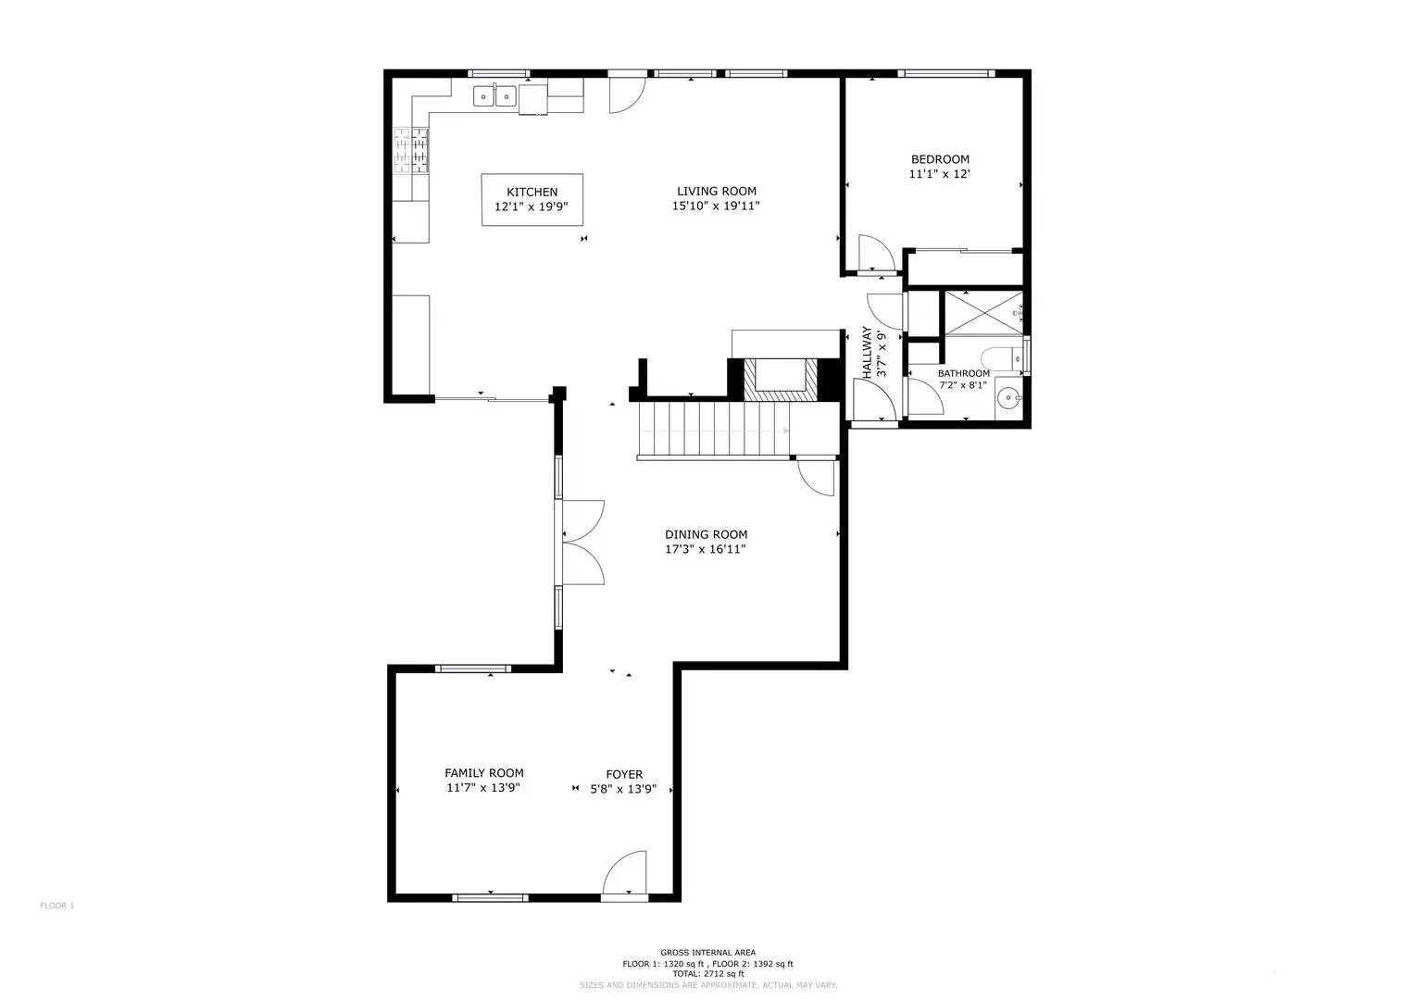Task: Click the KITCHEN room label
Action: (x=532, y=193)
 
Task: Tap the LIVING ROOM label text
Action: (x=716, y=192)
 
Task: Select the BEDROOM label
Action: (x=939, y=159)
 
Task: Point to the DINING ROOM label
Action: (x=706, y=534)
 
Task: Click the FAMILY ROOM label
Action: (x=483, y=773)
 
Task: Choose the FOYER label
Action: (x=624, y=774)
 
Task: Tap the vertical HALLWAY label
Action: (x=868, y=352)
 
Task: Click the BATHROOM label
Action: (x=963, y=373)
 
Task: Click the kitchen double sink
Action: (x=494, y=94)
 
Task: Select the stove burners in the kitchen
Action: (x=411, y=150)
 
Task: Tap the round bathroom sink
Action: (x=1008, y=399)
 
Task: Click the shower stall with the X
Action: (x=982, y=312)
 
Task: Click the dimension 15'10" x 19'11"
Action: (x=716, y=206)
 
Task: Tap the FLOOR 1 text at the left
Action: (x=56, y=906)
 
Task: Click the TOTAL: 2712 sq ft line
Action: (x=707, y=974)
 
